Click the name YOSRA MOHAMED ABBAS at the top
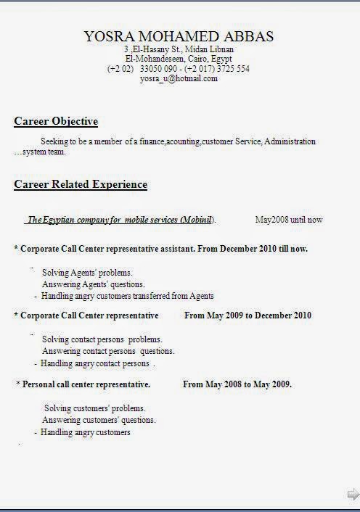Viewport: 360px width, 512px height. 179,36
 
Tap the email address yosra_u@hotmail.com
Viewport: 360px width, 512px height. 179,78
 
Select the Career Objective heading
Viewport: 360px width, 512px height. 56,121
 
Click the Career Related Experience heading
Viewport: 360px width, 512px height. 81,184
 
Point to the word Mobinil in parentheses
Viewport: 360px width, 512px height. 196,219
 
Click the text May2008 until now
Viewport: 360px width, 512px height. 289,219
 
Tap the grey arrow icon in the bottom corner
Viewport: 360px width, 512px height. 353,495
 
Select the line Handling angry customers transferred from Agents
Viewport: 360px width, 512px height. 127,296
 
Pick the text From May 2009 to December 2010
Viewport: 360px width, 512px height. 247,315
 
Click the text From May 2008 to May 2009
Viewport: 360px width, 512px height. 237,384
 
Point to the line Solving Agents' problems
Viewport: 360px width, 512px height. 87,273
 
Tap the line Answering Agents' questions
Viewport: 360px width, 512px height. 93,284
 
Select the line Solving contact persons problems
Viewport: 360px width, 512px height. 102,339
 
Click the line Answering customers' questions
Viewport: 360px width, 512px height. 99,420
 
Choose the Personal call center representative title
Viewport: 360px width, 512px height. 86,384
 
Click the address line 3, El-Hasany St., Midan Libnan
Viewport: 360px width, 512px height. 179,49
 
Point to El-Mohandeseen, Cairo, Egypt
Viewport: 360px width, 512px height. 179,59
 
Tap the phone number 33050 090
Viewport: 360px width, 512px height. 155,69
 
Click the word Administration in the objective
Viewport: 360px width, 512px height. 290,141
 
